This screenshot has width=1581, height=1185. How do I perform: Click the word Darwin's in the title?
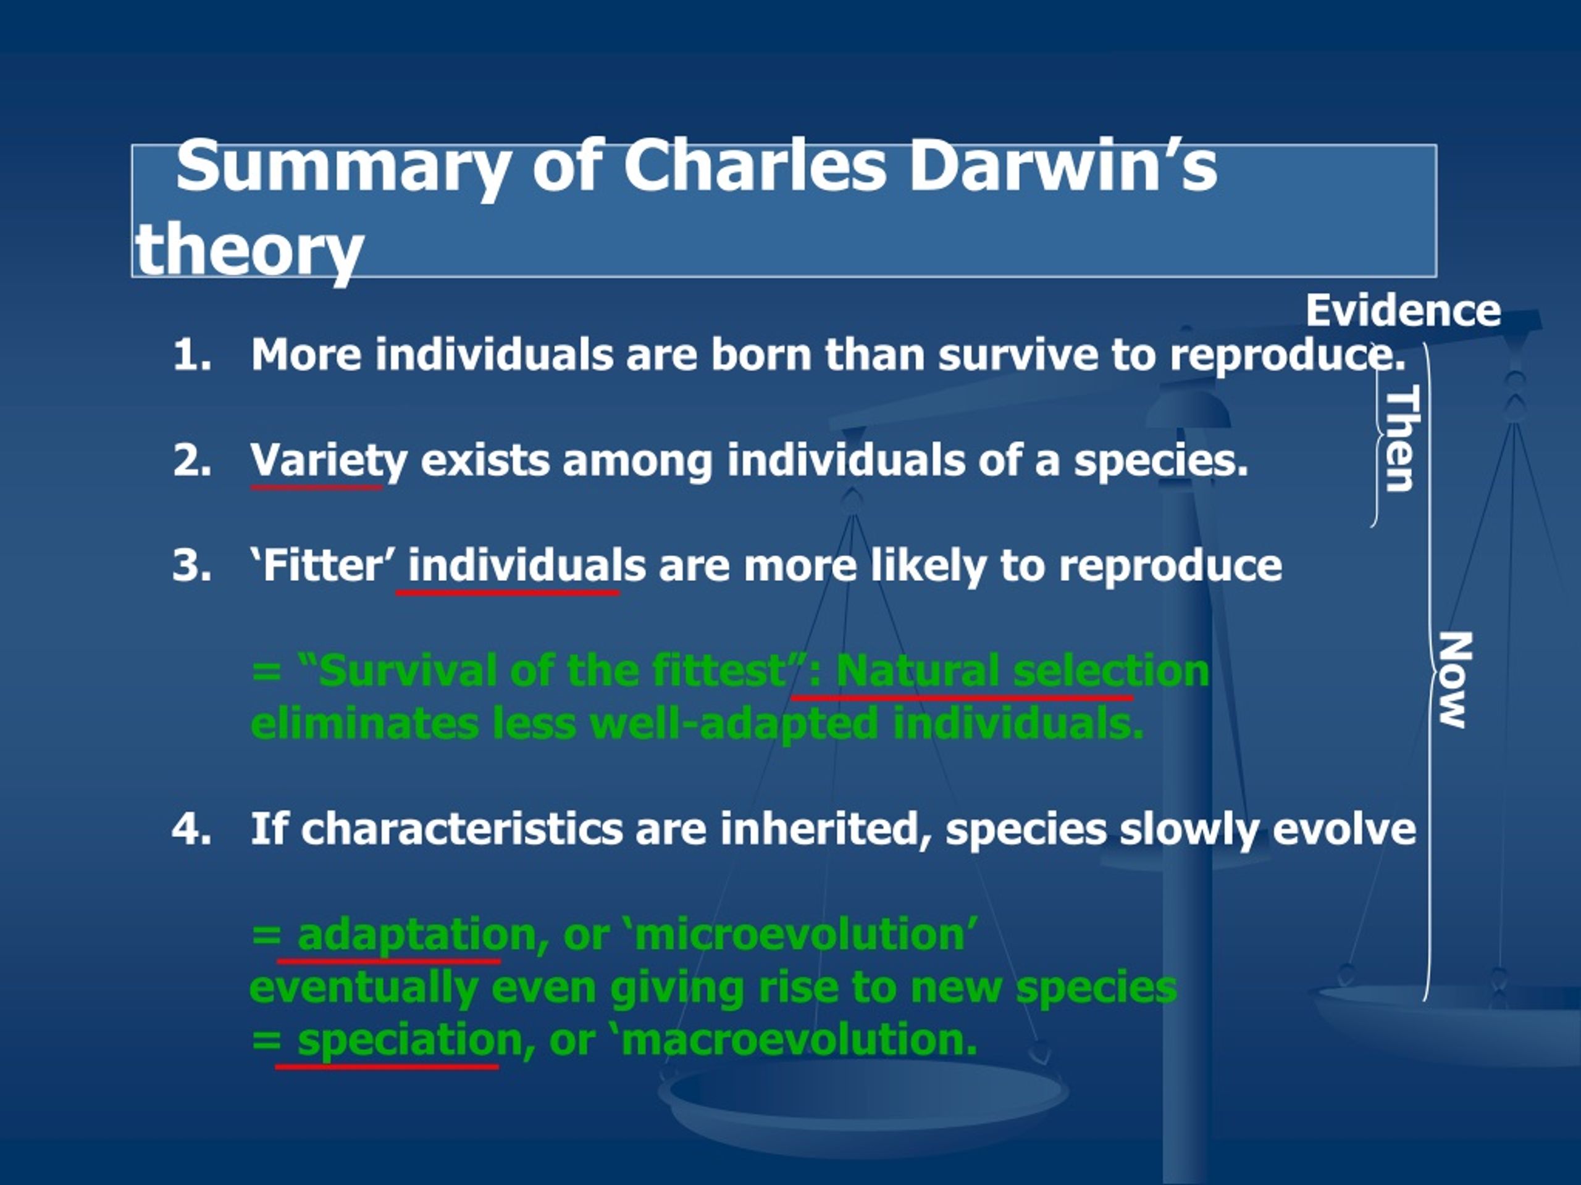(x=1063, y=167)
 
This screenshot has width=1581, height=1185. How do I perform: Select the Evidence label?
(x=1404, y=310)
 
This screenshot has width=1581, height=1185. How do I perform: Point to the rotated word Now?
(x=1454, y=680)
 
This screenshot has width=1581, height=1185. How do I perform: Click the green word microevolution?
(x=801, y=934)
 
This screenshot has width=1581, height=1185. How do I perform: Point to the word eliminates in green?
(x=364, y=723)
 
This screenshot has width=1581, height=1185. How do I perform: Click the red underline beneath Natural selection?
(x=962, y=696)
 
